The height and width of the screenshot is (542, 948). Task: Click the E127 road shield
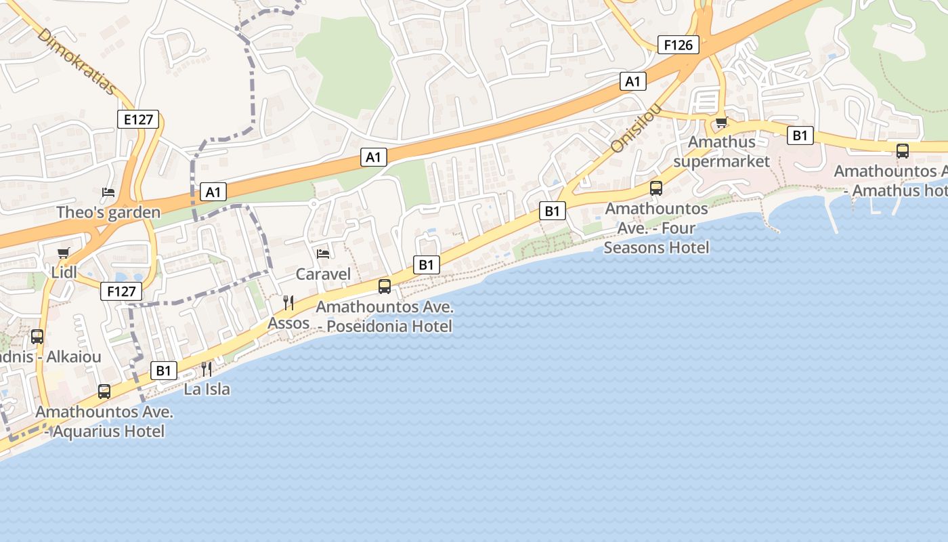tap(138, 120)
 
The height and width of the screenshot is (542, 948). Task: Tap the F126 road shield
tap(678, 45)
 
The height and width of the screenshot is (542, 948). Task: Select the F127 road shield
tap(122, 292)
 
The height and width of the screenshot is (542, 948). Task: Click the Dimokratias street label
tap(77, 62)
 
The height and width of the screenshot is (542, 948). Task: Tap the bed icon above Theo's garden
tap(108, 192)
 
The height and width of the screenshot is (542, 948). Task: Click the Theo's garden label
tap(108, 212)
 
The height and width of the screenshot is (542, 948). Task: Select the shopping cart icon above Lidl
tap(64, 253)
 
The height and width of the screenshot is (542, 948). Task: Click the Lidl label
tap(64, 272)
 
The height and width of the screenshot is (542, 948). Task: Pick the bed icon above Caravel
tap(324, 254)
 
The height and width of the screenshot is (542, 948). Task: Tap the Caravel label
tap(324, 274)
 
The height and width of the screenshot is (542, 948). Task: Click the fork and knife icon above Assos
tap(288, 302)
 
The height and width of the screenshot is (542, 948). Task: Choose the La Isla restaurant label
tap(207, 389)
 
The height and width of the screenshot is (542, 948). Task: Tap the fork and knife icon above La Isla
tap(207, 369)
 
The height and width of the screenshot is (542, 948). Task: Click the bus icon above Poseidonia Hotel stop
tap(385, 287)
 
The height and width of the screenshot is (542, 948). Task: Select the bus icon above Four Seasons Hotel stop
tap(656, 188)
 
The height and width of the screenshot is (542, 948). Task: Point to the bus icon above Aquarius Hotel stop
tap(104, 391)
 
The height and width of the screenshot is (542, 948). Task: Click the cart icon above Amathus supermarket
tap(721, 123)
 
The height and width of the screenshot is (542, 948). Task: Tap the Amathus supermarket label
tap(721, 152)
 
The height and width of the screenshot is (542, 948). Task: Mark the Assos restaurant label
tap(288, 323)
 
